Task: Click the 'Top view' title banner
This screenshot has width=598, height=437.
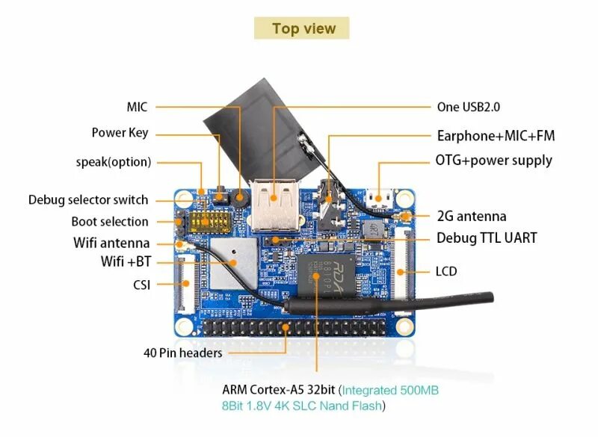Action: coord(303,28)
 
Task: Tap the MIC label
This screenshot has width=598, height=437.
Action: coord(138,107)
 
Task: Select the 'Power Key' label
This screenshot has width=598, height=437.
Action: coord(120,133)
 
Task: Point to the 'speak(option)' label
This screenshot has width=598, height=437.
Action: coord(114,161)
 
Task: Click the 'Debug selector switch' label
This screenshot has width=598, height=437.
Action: coord(88,200)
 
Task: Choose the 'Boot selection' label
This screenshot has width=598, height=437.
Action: coord(110,221)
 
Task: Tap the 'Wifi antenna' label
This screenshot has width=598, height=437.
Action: coord(111,243)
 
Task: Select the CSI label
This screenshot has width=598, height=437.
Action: coord(141,284)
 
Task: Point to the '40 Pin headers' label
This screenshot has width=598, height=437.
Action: coord(183,352)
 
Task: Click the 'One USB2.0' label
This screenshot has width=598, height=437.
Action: coord(469,107)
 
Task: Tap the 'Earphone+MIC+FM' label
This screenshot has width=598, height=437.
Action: coord(496,136)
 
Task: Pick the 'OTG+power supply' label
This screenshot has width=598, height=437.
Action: coord(494,160)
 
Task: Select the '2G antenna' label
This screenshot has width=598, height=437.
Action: coord(472,217)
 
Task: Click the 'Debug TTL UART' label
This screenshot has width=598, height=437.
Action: coord(487,238)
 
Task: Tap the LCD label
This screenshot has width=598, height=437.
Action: coord(446,270)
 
